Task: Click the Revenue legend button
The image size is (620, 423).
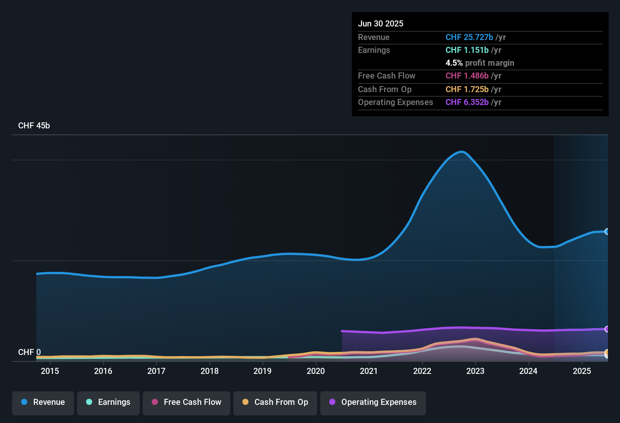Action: point(43,403)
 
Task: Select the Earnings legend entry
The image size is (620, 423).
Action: point(108,403)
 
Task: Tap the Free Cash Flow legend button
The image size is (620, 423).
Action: point(187,403)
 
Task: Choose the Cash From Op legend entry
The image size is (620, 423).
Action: point(275,403)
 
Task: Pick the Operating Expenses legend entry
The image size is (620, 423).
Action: point(373,403)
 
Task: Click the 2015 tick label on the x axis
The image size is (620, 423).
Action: point(50,371)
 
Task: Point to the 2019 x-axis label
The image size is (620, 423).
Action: point(262,371)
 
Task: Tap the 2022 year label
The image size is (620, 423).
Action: point(422,371)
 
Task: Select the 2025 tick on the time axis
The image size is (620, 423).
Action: point(582,371)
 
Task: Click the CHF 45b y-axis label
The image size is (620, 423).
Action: point(34,126)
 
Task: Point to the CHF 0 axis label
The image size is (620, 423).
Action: point(29,352)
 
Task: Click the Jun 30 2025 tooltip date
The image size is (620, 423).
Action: point(381,24)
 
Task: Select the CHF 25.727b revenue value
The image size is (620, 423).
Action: point(469,37)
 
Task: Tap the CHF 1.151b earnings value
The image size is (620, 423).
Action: point(467,50)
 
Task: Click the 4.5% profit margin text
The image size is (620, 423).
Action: point(480,63)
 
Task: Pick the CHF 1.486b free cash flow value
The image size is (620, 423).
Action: point(467,76)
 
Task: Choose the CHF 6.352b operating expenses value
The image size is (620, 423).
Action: point(467,102)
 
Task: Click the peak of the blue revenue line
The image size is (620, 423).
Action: point(462,152)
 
